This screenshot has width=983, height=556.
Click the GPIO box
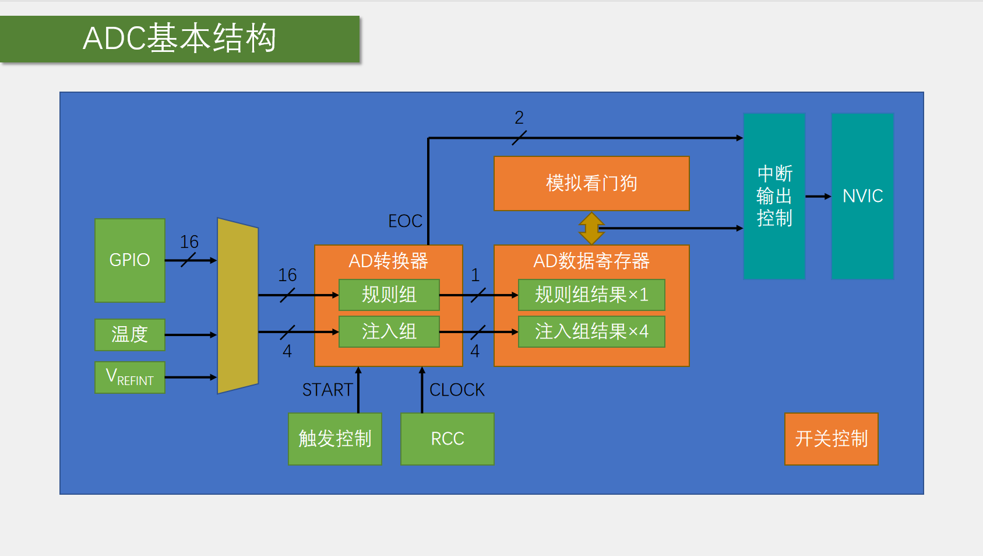(x=129, y=260)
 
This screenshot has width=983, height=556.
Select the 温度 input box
(x=129, y=334)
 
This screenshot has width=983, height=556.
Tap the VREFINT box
(x=129, y=377)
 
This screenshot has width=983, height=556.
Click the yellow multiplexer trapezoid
(x=237, y=306)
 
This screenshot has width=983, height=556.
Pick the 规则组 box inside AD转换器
(x=389, y=295)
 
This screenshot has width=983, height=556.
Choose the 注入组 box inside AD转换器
(x=389, y=331)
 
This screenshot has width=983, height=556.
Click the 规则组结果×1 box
(x=591, y=295)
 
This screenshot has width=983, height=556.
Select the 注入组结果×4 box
(x=591, y=331)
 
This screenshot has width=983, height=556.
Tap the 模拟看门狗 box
(x=591, y=183)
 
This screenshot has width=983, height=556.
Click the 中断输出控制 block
(x=774, y=196)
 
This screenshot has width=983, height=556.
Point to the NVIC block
(x=862, y=196)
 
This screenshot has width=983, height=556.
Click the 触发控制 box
(x=334, y=439)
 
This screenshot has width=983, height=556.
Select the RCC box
(x=447, y=439)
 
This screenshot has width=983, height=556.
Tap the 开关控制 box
(x=831, y=439)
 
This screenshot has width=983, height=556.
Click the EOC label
(x=405, y=221)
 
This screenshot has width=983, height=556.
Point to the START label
(x=327, y=390)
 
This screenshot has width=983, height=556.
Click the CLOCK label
(x=457, y=390)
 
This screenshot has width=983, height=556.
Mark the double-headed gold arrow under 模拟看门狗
(x=591, y=228)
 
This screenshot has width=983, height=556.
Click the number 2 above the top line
(x=519, y=118)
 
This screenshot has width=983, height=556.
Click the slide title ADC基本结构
(x=179, y=39)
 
